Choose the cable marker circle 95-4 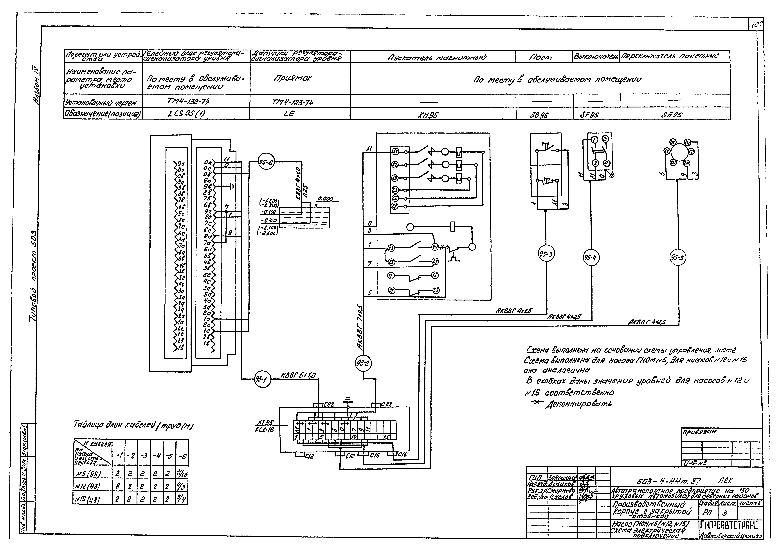click(591, 258)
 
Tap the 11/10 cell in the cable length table click(182, 473)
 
